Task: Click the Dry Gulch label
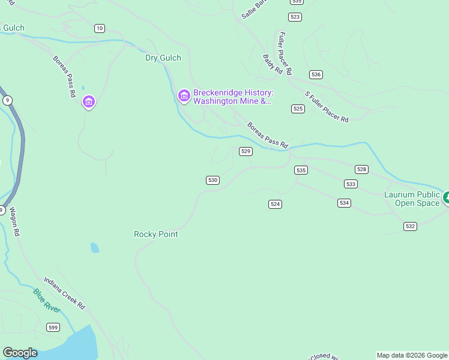[x=163, y=58]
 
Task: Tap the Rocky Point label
[x=156, y=234]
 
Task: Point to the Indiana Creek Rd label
[x=64, y=293]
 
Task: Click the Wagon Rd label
[x=14, y=222]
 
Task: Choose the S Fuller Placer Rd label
[x=327, y=107]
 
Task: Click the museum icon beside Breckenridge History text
[x=184, y=95]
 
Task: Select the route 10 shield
[x=100, y=28]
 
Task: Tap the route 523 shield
[x=295, y=17]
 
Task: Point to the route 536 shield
[x=316, y=74]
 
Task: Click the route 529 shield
[x=246, y=151]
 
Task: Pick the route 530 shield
[x=212, y=180]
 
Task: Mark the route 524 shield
[x=275, y=204]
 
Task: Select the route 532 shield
[x=410, y=226]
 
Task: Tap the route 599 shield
[x=53, y=326]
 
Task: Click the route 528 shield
[x=361, y=170]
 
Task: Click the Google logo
[x=20, y=353]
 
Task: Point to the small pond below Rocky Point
[x=94, y=247]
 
